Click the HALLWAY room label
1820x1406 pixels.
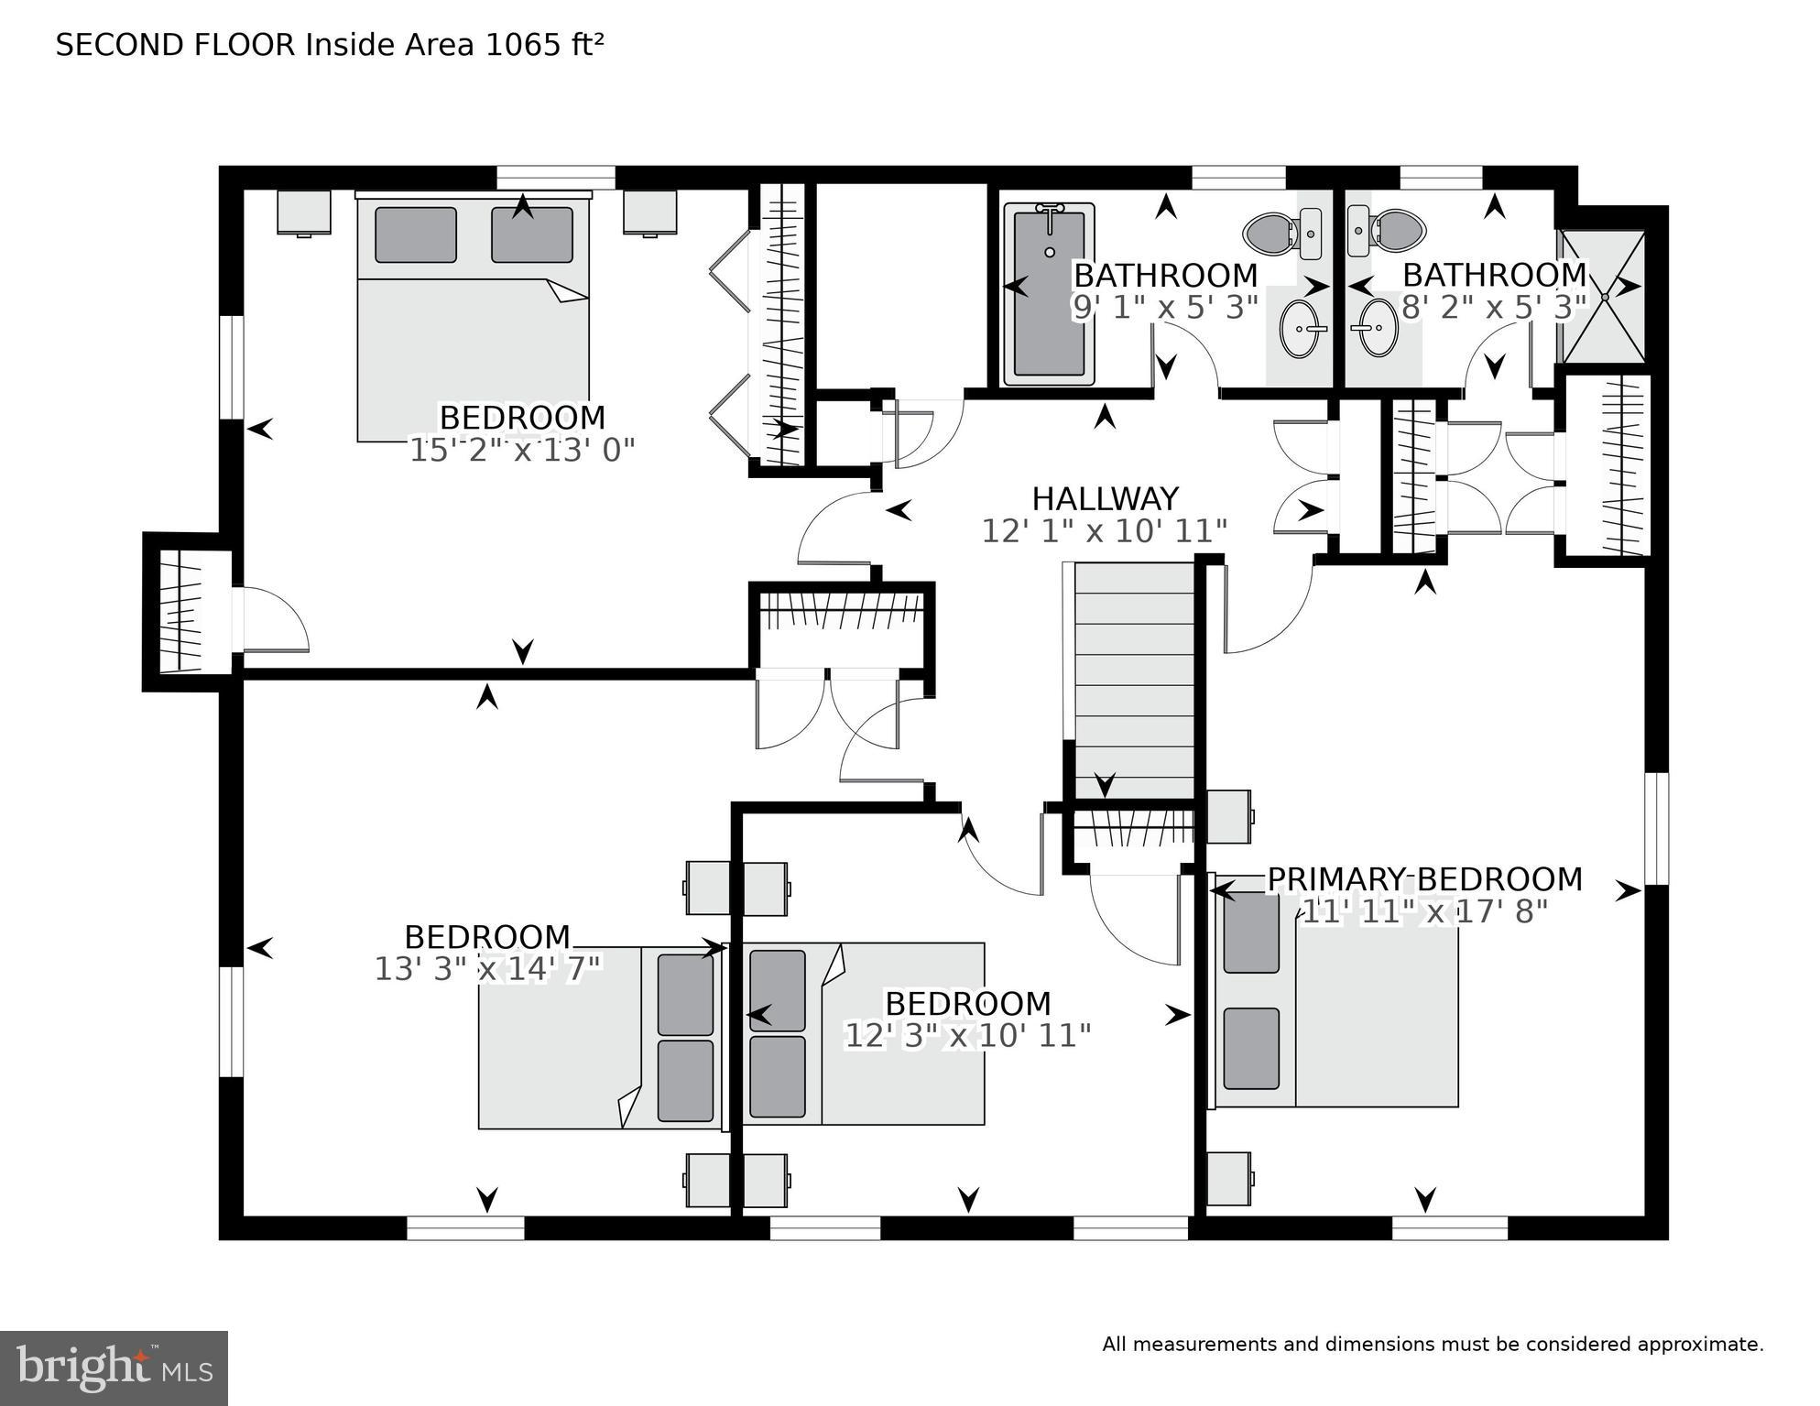pos(1105,499)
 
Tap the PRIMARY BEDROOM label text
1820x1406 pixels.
pos(1424,879)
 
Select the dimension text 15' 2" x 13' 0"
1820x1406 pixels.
pos(521,451)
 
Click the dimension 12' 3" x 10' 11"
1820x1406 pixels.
pos(967,1036)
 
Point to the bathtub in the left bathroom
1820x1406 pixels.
pos(1050,293)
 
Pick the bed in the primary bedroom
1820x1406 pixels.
pos(1337,998)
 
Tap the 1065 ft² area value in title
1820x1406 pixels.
pos(544,45)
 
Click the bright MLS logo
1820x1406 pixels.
pos(114,1368)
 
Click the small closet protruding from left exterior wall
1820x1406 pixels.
pos(181,612)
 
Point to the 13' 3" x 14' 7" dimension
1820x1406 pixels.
pos(487,969)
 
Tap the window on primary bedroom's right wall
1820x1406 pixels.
pos(1656,828)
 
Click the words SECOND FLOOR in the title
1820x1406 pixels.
pos(176,45)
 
